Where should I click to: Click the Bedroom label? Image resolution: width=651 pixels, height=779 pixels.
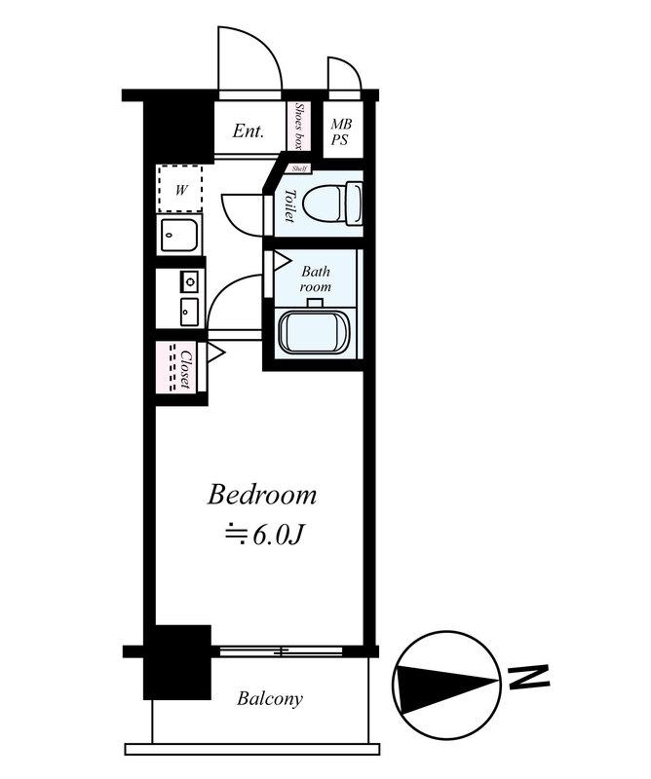coord(261,496)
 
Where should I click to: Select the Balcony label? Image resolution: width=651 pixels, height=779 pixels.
coord(270,698)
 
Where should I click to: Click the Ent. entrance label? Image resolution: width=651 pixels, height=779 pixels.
coord(249,131)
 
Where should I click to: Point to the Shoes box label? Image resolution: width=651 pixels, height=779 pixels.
coord(299,126)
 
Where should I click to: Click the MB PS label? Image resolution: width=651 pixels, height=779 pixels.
coord(341,131)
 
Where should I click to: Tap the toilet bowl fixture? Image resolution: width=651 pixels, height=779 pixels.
coord(332,204)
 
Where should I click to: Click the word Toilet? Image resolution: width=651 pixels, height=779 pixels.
coord(289,205)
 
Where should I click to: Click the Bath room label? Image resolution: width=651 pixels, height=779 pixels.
coord(316,279)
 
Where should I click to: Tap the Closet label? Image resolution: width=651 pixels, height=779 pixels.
coord(186,370)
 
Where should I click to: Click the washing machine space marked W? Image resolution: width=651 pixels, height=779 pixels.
coord(180,189)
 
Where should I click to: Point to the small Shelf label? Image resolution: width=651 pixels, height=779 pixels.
coord(299,168)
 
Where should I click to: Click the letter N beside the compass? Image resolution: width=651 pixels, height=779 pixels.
coord(529,678)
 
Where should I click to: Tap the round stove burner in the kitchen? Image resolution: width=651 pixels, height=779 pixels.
coord(189,282)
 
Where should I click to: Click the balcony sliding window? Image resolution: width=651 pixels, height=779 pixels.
coord(281,650)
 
